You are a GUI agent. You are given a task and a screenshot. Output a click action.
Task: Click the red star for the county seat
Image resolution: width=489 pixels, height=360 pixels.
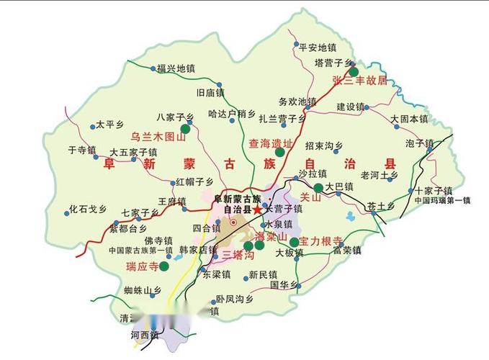click(257, 209)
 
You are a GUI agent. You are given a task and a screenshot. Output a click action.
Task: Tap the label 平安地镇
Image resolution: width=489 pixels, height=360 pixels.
click(318, 47)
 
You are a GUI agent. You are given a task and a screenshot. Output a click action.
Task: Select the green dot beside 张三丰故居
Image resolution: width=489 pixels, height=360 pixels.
click(354, 71)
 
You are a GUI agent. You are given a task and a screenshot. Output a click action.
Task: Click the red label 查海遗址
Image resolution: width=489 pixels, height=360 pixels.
click(270, 143)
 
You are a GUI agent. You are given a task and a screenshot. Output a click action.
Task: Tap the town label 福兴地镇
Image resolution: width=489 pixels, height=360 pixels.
click(176, 69)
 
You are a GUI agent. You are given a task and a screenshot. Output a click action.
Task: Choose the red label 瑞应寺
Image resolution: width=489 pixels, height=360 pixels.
click(143, 266)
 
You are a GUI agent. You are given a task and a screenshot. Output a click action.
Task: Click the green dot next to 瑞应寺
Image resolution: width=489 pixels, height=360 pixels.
click(164, 266)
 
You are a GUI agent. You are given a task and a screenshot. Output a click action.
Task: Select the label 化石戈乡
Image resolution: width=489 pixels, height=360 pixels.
click(88, 210)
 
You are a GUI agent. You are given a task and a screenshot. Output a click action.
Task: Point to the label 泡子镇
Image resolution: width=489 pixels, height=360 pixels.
click(419, 143)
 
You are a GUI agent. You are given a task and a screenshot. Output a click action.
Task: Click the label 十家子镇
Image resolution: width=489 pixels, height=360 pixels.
click(434, 191)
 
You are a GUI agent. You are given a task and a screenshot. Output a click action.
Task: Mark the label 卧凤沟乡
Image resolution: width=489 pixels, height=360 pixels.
click(235, 299)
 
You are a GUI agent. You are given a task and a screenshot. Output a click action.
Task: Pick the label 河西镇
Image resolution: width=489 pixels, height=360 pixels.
click(144, 335)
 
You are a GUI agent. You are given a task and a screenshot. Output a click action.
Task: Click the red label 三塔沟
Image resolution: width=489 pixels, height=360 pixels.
click(238, 255)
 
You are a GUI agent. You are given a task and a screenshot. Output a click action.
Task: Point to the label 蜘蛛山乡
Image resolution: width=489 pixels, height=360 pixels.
click(140, 291)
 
